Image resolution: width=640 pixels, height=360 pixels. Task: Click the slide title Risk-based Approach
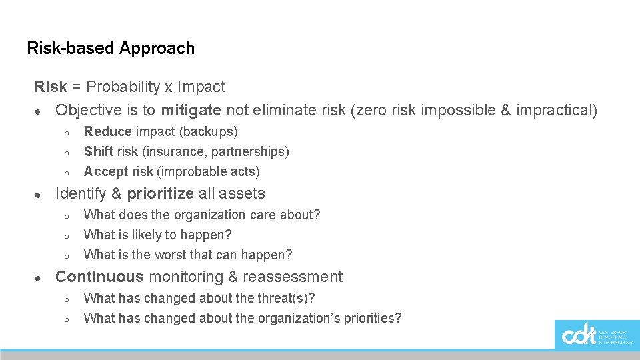[111, 49]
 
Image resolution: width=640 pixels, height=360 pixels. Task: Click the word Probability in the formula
[123, 87]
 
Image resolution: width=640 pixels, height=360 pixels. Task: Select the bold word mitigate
[191, 110]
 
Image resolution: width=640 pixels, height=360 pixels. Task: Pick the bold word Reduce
[107, 132]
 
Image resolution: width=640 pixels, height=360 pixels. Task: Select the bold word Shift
[99, 152]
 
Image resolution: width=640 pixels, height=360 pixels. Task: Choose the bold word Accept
[106, 172]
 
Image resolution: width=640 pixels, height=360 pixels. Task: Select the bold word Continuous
[99, 277]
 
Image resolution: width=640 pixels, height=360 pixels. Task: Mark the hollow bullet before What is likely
[67, 236]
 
